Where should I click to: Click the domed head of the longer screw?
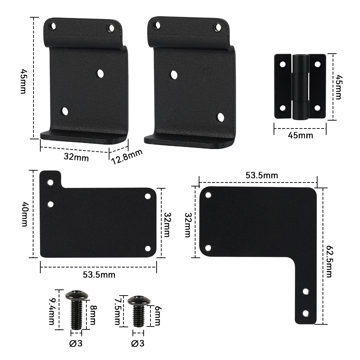coord(76,296)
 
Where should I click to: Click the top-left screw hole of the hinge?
coord(283,64)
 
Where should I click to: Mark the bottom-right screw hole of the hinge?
coord(317,108)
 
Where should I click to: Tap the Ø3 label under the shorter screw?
coord(138,343)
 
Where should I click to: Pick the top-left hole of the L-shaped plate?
coord(208,195)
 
